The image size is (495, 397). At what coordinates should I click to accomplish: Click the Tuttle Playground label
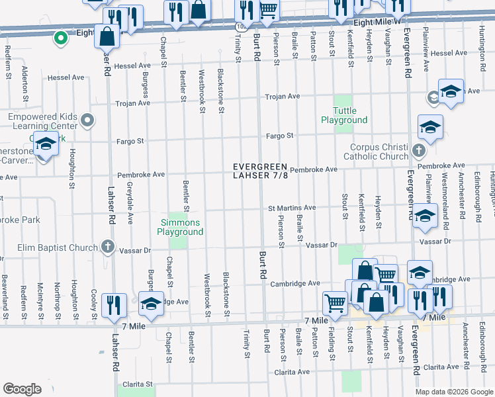pos(344,115)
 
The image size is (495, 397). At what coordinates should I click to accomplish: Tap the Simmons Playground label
pos(180,228)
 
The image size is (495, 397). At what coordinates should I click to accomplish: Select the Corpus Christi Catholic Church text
pos(376,152)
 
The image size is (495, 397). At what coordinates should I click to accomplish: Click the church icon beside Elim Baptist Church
pos(108,248)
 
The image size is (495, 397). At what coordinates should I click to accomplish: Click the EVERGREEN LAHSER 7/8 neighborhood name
pos(260,171)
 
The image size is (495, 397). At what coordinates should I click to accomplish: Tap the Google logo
pos(22,389)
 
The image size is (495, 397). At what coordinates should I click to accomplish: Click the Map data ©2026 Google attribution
pos(454,392)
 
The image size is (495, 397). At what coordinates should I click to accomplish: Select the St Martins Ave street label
pos(291,208)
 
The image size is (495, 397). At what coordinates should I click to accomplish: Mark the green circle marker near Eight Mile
pos(60,38)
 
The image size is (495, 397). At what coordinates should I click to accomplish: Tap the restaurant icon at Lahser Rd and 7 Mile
pos(115,304)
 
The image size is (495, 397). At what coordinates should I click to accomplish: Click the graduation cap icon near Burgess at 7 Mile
pos(151,303)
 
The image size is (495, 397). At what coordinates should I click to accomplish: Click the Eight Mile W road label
pos(378,22)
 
